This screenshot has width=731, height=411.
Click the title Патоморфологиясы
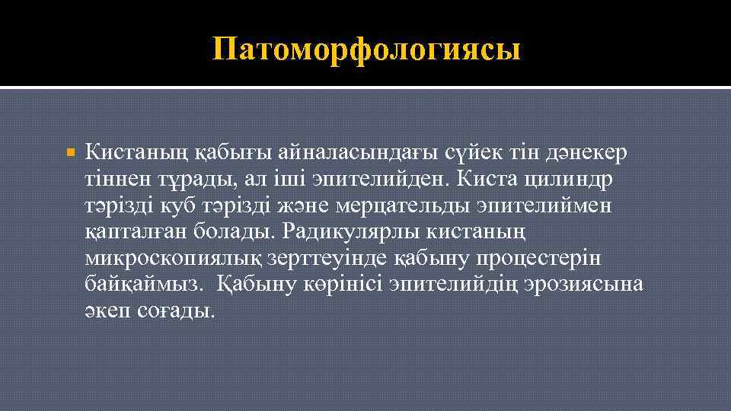click(x=367, y=49)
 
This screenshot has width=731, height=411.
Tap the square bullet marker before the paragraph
click(x=71, y=154)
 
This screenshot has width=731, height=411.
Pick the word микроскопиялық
click(x=171, y=258)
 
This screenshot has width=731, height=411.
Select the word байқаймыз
click(x=142, y=284)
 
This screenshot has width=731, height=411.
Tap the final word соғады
click(x=178, y=311)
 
